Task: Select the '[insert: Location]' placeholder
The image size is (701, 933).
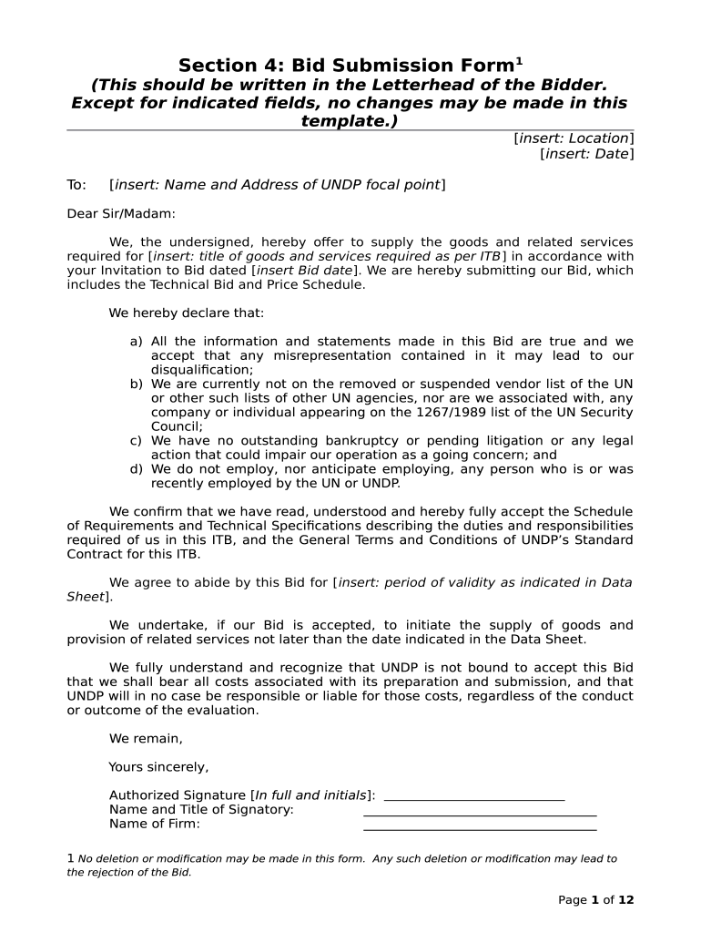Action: click(x=574, y=138)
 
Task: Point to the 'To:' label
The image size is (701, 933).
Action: click(x=76, y=185)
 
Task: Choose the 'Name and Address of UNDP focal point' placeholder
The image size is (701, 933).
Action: click(x=277, y=185)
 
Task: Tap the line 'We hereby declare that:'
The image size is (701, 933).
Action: click(x=186, y=313)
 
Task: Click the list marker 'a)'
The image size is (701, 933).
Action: click(x=136, y=342)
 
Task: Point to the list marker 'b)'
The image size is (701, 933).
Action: click(x=136, y=384)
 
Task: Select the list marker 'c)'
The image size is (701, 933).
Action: click(x=136, y=441)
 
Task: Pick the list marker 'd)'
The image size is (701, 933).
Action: click(x=136, y=469)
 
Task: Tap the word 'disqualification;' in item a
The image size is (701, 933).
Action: click(x=201, y=370)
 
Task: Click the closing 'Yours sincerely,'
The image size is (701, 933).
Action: click(x=158, y=767)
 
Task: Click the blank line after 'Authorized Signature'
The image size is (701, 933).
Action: click(x=474, y=796)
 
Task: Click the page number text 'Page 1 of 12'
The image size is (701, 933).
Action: click(x=595, y=900)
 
